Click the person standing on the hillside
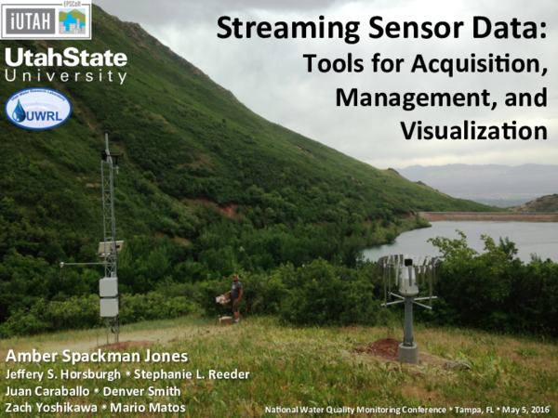tap(236, 295)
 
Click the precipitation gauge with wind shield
tap(408, 279)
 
